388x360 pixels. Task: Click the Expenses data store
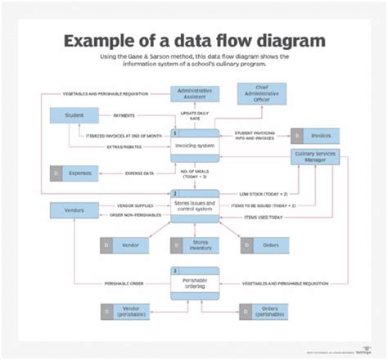(74, 173)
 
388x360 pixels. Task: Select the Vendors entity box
(74, 209)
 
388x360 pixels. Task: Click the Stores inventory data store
(195, 245)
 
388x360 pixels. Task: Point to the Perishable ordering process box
(195, 282)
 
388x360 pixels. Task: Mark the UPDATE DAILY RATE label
(196, 115)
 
